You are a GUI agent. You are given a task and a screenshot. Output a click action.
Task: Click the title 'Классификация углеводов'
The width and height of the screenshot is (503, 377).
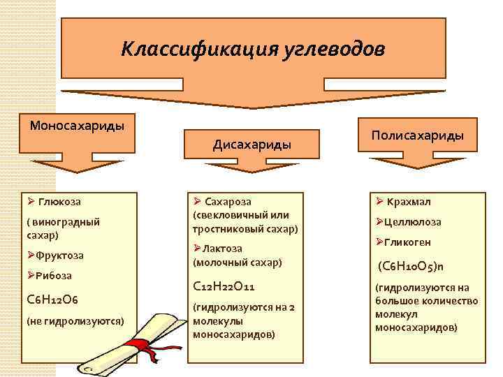point(252,50)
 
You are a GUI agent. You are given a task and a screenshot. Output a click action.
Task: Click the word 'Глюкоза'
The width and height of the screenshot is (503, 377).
point(59,202)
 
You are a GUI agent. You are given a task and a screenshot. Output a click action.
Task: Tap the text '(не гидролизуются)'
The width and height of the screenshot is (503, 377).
point(75,321)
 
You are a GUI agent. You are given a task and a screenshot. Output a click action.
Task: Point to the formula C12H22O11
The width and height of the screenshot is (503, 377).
point(224,286)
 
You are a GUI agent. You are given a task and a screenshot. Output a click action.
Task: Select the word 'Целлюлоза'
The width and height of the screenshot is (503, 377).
point(412,222)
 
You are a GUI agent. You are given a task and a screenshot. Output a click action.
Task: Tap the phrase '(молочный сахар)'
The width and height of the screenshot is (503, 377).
point(237,262)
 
